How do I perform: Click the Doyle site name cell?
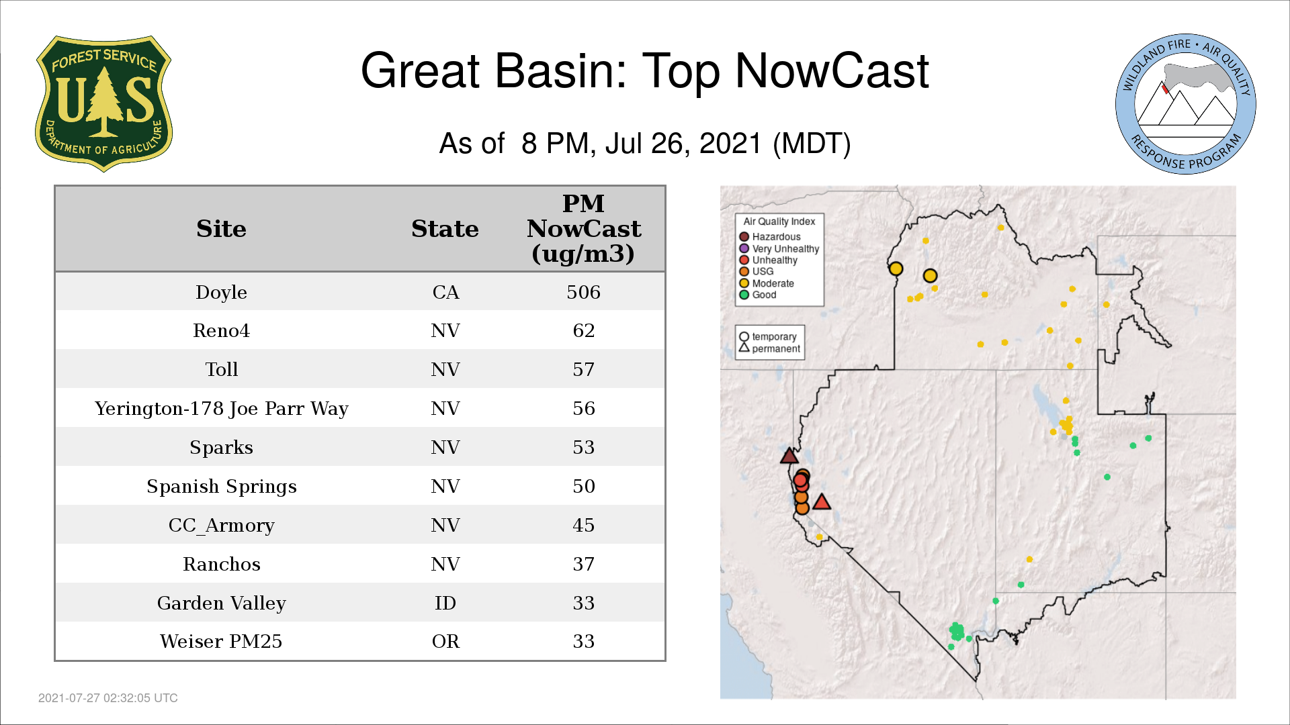[221, 292]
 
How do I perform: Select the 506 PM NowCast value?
[583, 292]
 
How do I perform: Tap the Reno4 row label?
[221, 330]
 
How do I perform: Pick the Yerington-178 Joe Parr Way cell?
[221, 408]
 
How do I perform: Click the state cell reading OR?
[445, 641]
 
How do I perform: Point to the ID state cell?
[445, 603]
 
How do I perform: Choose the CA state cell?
[445, 292]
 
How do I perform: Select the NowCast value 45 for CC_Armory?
[583, 525]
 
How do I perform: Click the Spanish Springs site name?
[221, 486]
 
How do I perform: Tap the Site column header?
[221, 229]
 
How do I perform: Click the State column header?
[445, 229]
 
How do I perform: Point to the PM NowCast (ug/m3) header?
[583, 228]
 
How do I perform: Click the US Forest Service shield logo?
[103, 104]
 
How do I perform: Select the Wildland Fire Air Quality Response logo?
[1186, 104]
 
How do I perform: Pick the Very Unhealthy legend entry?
[779, 248]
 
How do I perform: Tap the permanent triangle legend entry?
[770, 348]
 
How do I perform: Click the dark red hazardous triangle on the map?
[789, 456]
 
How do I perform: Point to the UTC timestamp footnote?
[108, 698]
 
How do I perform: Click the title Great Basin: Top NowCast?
[645, 70]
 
